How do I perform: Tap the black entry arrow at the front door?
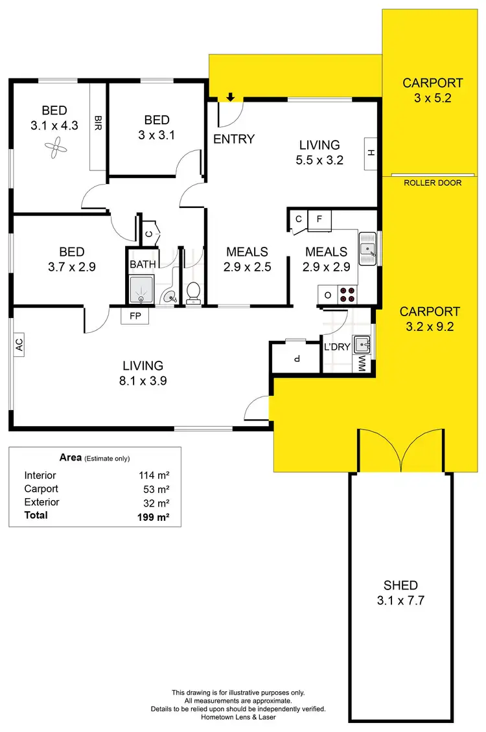[230, 98]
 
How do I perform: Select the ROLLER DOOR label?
[432, 183]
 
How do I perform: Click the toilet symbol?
[193, 293]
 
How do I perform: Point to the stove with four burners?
[348, 295]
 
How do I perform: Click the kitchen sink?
[368, 248]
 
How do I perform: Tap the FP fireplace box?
[135, 315]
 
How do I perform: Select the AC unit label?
[19, 345]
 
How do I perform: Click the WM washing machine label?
[362, 363]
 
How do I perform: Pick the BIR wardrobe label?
[98, 122]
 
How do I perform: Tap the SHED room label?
[400, 585]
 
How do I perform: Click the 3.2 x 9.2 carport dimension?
[430, 326]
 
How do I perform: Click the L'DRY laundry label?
[337, 347]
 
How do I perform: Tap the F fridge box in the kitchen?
[319, 219]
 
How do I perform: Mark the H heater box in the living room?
[371, 153]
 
